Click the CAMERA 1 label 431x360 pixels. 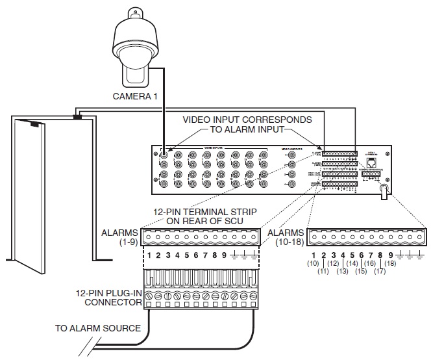pos(136,96)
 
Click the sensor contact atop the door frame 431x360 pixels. pos(78,116)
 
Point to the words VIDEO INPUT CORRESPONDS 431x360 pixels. pos(247,120)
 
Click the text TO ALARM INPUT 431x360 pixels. pos(247,129)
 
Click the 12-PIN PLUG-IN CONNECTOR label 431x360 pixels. pos(114,298)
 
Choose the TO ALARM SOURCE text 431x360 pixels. pos(97,328)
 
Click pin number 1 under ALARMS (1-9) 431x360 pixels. pos(149,255)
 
